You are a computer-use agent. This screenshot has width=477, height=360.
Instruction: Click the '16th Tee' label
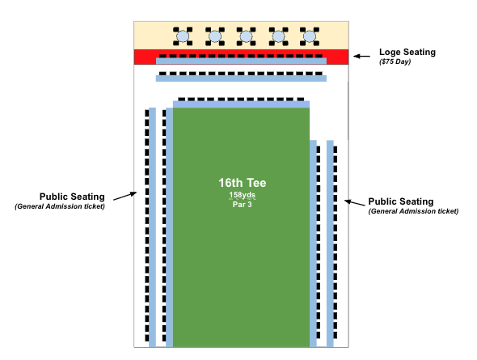243,183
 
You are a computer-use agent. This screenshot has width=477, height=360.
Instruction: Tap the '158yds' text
243,195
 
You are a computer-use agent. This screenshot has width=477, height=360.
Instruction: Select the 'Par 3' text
243,205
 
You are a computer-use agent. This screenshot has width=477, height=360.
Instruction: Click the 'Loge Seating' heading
407,53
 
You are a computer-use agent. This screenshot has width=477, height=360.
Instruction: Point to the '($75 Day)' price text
395,61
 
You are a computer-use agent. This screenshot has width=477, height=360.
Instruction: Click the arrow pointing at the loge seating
361,57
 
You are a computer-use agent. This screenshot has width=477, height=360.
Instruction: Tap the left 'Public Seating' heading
72,197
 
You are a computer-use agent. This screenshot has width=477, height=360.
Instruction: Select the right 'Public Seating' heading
401,201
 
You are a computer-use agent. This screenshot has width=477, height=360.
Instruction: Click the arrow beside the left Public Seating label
125,196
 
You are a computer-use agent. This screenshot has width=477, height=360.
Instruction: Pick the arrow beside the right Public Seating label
354,203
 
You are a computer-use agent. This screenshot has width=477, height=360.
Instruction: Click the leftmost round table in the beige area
183,36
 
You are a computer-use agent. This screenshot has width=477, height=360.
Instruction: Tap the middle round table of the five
246,36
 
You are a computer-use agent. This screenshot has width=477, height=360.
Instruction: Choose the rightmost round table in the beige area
310,36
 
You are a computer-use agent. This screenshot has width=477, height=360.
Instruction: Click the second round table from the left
215,36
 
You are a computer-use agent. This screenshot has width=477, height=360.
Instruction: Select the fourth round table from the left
278,36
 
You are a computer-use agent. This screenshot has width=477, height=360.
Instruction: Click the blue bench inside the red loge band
241,61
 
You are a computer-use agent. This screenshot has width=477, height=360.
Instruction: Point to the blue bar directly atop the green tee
241,104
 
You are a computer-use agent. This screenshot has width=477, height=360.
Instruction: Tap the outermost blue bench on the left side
152,227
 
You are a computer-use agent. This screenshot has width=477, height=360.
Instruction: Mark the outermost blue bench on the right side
330,244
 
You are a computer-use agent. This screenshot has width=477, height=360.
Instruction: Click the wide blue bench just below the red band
241,78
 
